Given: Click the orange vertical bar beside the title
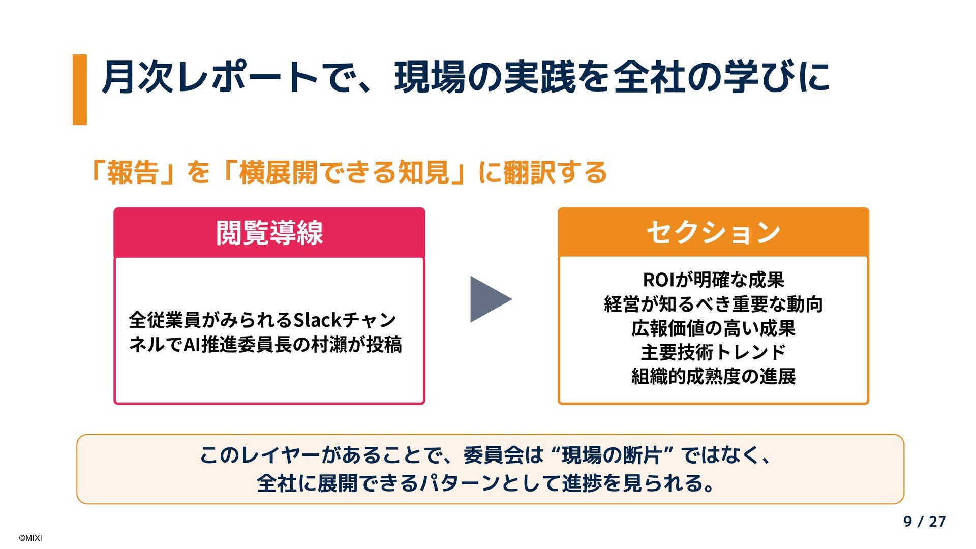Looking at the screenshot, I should coord(80,89).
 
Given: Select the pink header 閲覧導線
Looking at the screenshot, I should coord(269,233).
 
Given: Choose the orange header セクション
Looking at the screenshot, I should coord(713,232).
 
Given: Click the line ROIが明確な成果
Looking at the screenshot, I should coord(713,280).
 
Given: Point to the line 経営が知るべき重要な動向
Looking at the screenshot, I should coord(713,304).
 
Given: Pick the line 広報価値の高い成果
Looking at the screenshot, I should coord(713,328).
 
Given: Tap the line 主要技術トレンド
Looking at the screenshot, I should coord(713,352).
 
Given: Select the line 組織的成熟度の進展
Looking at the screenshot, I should coord(713,377).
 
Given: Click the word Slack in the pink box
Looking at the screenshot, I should coord(318,320).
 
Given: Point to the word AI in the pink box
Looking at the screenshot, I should coord(192,345).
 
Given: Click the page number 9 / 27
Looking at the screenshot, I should coord(925,522).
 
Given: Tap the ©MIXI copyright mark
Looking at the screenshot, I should coord(30,538).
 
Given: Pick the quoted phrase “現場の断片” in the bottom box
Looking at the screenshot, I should coord(612,455).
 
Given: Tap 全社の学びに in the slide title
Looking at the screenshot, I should coord(722,77).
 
